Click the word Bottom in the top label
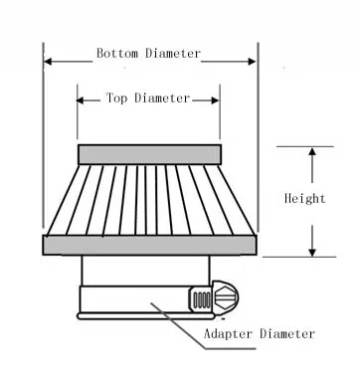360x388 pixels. pos(117,54)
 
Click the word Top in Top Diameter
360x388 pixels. pos(116,98)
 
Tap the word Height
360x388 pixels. pos(305,198)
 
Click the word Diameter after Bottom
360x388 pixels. pos(173,54)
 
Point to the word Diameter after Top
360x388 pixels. pos(162,98)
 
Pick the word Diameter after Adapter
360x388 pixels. pos(287,333)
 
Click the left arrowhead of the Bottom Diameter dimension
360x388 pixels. pos(48,62)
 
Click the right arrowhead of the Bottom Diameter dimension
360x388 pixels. pos(252,62)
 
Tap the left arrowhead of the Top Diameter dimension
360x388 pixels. pos(81,100)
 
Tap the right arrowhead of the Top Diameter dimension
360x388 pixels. pos(215,100)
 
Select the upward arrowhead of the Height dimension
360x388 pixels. pos(312,152)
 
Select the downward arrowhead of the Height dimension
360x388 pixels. pos(312,252)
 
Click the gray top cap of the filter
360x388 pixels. pos(150,154)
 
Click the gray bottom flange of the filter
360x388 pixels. pos(150,245)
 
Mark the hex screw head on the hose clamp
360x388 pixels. pos(226,297)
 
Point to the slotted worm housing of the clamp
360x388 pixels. pos(201,299)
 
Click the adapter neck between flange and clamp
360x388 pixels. pos(146,271)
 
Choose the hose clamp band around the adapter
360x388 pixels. pos(134,299)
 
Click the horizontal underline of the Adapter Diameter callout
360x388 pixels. pos(231,348)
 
